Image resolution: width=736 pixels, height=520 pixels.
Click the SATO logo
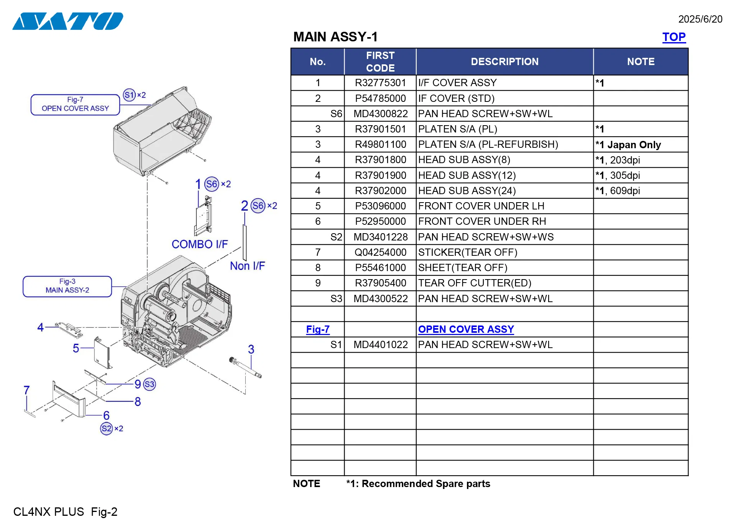pyautogui.click(x=68, y=21)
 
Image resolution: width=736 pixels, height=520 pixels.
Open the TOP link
pyautogui.click(x=674, y=37)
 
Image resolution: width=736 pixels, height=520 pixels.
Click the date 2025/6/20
pyautogui.click(x=700, y=19)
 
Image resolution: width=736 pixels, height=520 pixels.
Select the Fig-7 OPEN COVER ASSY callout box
pyautogui.click(x=75, y=105)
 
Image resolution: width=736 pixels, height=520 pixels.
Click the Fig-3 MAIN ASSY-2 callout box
pyautogui.click(x=67, y=286)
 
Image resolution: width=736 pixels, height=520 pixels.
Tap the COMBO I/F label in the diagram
pyautogui.click(x=199, y=244)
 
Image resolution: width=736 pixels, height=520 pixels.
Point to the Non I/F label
pyautogui.click(x=247, y=266)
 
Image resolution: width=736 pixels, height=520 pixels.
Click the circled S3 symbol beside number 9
pyautogui.click(x=149, y=384)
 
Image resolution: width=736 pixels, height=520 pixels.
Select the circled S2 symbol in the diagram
pyautogui.click(x=106, y=428)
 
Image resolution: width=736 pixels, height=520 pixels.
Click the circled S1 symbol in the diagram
pyautogui.click(x=129, y=95)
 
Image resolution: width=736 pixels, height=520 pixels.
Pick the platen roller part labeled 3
pyautogui.click(x=245, y=367)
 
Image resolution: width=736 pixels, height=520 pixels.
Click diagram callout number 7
pyautogui.click(x=26, y=390)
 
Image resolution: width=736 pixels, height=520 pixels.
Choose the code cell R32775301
pyautogui.click(x=380, y=83)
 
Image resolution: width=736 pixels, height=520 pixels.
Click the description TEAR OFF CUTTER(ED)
pyautogui.click(x=474, y=283)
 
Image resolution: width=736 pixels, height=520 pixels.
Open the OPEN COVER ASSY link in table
pyautogui.click(x=466, y=329)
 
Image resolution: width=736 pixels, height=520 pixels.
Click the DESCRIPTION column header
pyautogui.click(x=504, y=62)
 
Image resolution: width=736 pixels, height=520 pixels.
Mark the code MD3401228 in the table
pyautogui.click(x=380, y=237)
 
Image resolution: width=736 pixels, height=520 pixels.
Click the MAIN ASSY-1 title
pyautogui.click(x=335, y=37)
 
